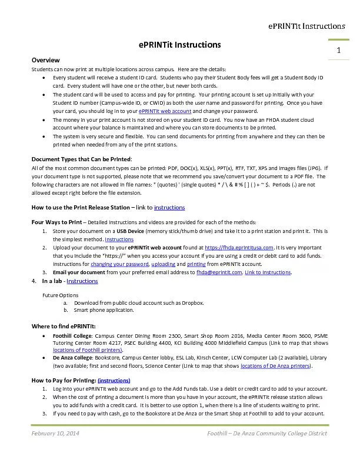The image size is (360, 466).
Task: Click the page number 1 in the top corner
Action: pyautogui.click(x=339, y=51)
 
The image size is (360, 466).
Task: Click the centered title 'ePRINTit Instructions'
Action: pyautogui.click(x=179, y=45)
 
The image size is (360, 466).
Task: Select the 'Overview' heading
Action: pyautogui.click(x=45, y=61)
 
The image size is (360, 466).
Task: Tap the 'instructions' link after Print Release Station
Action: pyautogui.click(x=169, y=207)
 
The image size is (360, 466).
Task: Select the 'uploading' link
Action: pyautogui.click(x=163, y=264)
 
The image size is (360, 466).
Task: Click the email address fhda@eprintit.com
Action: pyautogui.click(x=219, y=272)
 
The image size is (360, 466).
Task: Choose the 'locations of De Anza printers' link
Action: pyautogui.click(x=275, y=365)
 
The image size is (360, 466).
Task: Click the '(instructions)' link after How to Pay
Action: pyautogui.click(x=114, y=380)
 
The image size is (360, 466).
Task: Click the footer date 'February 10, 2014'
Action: pyautogui.click(x=55, y=434)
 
